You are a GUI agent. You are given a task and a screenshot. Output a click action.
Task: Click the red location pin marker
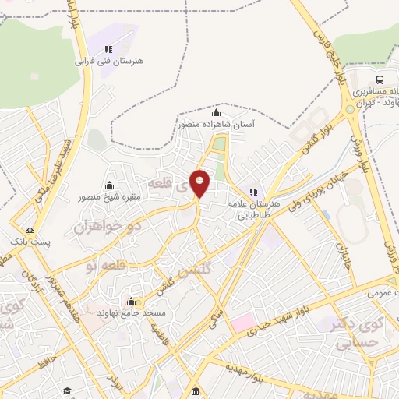(200, 183)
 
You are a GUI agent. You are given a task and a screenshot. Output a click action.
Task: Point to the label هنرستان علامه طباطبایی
(255, 203)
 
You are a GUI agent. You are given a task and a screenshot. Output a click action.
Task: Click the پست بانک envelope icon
(30, 230)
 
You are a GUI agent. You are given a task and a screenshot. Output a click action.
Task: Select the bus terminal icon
(380, 79)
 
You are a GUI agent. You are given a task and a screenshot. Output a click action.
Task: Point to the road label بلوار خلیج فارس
(327, 45)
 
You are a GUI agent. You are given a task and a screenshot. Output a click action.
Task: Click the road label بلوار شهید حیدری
(284, 322)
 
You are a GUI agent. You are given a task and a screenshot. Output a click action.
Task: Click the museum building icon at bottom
(194, 390)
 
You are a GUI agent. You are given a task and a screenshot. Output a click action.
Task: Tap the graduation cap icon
(68, 390)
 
